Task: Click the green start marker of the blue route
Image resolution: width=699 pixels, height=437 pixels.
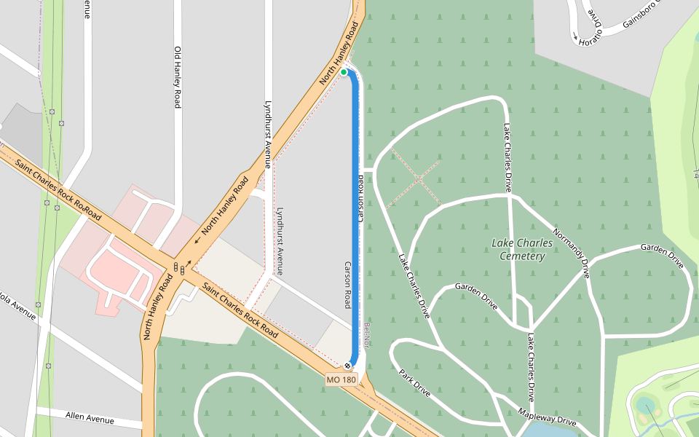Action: pos(344,72)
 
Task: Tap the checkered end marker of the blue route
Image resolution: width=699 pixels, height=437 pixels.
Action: pos(348,365)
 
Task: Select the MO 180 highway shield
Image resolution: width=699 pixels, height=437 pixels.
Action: pos(341,379)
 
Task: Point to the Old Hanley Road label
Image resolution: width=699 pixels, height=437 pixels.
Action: pos(177,77)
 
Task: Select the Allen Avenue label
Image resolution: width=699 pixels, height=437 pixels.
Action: pos(90,418)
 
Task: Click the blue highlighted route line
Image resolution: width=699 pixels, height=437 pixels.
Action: pos(355,219)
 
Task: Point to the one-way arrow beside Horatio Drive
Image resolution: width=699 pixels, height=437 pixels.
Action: pos(574,36)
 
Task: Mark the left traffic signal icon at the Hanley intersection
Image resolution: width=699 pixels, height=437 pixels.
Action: pos(175,266)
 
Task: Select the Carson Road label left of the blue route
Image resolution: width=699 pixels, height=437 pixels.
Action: pos(347,285)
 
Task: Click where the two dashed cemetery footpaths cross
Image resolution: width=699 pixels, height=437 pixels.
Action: pos(420,177)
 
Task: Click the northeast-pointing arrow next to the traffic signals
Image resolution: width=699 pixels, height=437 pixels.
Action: pos(189,263)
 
